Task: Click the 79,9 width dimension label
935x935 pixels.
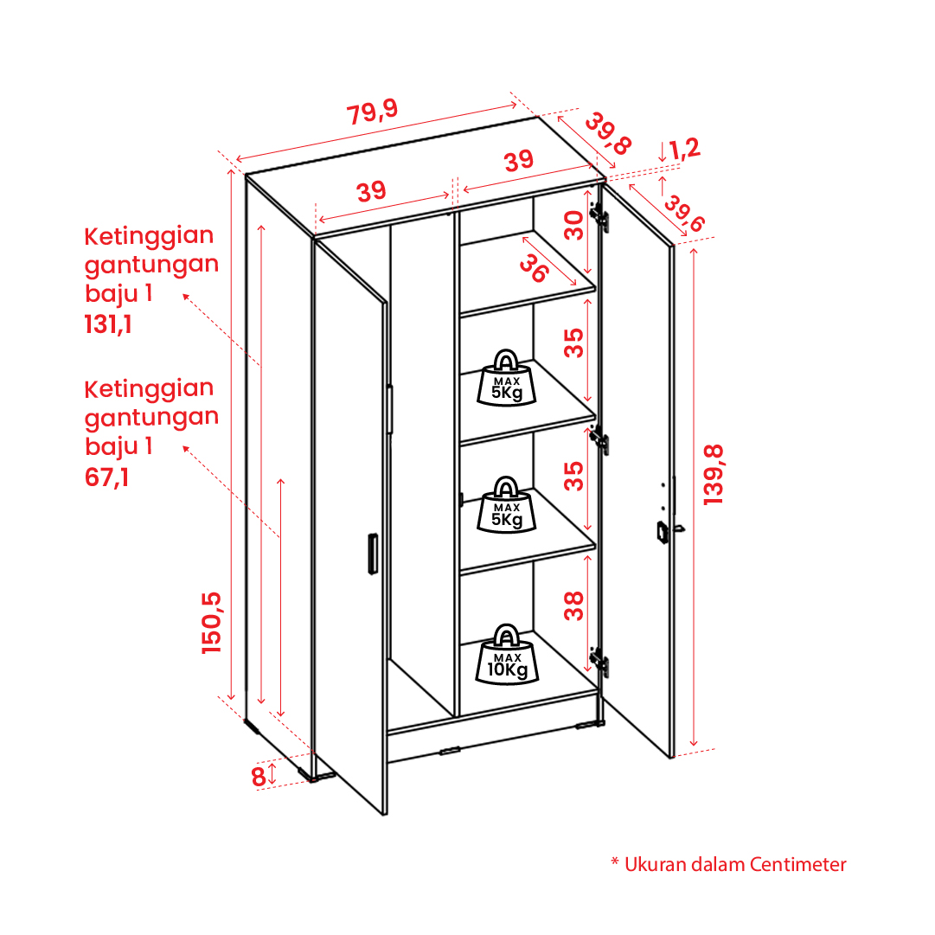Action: click(372, 112)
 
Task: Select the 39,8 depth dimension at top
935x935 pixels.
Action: click(608, 133)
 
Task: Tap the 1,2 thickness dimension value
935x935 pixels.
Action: click(684, 149)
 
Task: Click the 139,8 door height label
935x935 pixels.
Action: click(714, 475)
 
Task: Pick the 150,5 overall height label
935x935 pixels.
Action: click(212, 623)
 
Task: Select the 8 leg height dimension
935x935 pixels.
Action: click(258, 777)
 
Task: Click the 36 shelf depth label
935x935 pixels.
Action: click(533, 268)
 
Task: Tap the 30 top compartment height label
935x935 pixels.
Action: click(573, 226)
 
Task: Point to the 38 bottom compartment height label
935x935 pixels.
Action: click(573, 605)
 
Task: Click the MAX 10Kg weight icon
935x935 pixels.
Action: click(507, 654)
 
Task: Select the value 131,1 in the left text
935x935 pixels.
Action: click(108, 325)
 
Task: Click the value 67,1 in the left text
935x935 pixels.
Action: click(106, 477)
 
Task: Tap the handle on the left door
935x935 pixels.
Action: click(373, 554)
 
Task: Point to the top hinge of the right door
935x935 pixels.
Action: click(599, 217)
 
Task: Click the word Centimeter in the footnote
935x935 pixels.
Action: click(797, 864)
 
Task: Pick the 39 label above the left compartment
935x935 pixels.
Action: click(372, 191)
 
